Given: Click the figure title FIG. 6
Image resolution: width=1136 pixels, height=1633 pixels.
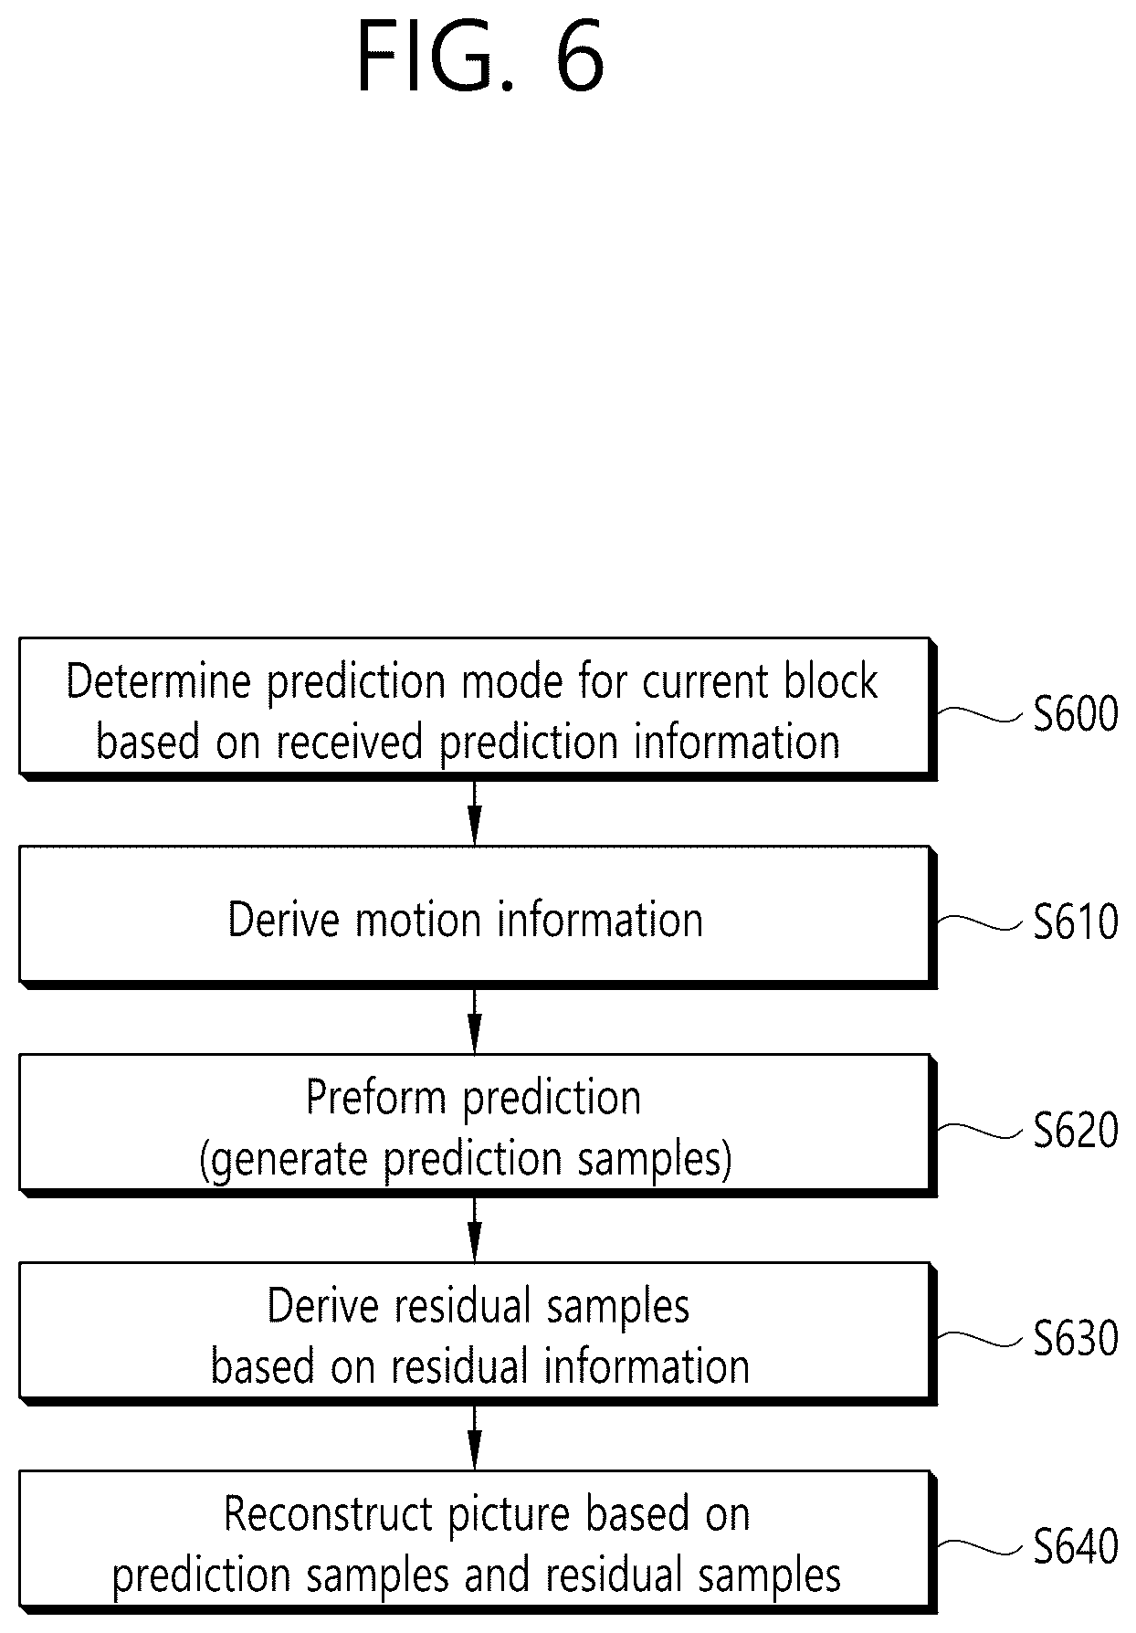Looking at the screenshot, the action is [479, 58].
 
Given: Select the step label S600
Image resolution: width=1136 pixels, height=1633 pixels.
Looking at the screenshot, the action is [1076, 714].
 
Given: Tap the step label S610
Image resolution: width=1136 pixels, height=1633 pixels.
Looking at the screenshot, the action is [1076, 922].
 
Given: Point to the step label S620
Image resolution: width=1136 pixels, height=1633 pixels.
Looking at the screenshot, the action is [1076, 1131].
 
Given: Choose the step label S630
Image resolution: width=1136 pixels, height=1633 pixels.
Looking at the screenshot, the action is [1076, 1339].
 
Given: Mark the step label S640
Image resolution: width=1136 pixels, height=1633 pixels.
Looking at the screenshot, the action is [1076, 1547].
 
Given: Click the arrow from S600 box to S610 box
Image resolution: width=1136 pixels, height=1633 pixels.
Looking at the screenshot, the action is [474, 813].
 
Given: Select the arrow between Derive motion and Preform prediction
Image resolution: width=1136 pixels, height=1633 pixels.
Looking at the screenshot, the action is [474, 1021].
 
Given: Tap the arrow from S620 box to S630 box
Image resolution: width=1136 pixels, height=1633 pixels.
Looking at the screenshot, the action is [474, 1229].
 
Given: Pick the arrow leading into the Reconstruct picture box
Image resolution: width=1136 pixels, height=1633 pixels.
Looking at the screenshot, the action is [474, 1438].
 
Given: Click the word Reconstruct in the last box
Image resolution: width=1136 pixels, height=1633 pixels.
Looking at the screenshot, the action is [330, 1515].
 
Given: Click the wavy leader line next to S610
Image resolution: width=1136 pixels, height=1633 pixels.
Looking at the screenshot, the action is [980, 922].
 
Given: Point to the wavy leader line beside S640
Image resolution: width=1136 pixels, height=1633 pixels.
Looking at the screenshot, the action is [980, 1546].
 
